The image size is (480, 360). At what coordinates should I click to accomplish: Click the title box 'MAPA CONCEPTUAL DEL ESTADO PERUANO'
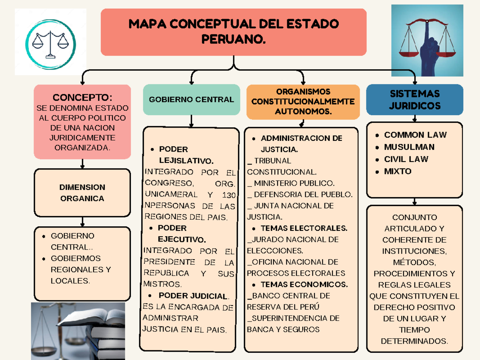coord(234,32)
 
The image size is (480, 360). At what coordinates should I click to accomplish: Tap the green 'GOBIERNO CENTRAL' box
coord(191,100)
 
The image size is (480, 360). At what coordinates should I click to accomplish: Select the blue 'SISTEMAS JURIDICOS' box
coord(414,100)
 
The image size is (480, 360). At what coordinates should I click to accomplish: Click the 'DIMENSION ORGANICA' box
coord(82,193)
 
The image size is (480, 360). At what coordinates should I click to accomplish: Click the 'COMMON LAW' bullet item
coord(415,135)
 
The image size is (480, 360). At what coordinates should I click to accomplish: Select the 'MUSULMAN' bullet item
coord(409,147)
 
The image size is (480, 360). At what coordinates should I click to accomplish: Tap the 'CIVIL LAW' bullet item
coord(406,159)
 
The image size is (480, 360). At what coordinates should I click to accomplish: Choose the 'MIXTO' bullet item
coord(398,171)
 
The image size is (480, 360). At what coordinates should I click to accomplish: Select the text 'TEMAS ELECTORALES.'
coord(304,228)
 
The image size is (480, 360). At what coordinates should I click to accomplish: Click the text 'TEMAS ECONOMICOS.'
coord(304,285)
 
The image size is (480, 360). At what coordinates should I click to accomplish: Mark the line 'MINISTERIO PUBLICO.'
coord(294,184)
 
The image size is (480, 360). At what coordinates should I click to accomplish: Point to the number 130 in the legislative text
coord(228,195)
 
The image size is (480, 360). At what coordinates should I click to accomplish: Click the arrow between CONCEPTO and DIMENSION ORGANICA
coord(82,164)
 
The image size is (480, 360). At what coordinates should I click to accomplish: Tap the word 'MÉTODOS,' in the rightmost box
coord(414,262)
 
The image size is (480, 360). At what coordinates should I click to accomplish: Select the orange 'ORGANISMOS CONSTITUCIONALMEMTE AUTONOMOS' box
coord(303,102)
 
